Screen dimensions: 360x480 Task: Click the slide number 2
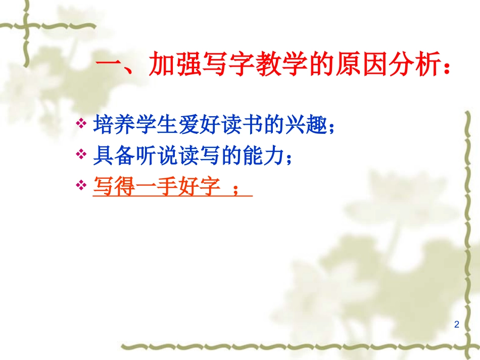pyautogui.click(x=457, y=324)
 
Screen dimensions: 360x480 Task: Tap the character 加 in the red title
pyautogui.click(x=162, y=66)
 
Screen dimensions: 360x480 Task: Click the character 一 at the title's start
pyautogui.click(x=108, y=66)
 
